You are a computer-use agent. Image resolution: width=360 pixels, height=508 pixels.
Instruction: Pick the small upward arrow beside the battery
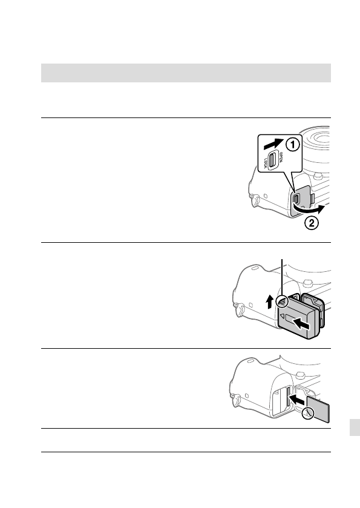pos(270,301)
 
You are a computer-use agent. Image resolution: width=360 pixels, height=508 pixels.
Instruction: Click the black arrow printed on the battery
pos(301,324)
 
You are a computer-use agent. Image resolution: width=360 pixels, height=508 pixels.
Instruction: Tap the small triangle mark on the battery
pos(283,317)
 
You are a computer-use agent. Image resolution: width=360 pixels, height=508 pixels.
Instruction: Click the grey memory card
pos(319,409)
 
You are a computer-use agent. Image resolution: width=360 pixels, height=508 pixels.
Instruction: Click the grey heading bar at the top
pos(186,73)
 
